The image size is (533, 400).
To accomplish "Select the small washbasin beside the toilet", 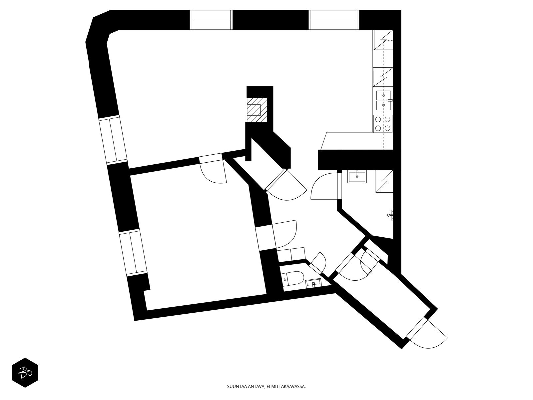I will tap(313, 283).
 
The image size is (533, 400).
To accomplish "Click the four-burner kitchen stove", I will tap(383, 124).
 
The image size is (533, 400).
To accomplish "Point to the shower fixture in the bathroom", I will tap(391, 215).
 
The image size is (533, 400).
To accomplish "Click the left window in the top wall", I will tap(211, 20).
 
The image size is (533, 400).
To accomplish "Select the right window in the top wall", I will tap(334, 20).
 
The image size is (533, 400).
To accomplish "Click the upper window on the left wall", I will tap(113, 140).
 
